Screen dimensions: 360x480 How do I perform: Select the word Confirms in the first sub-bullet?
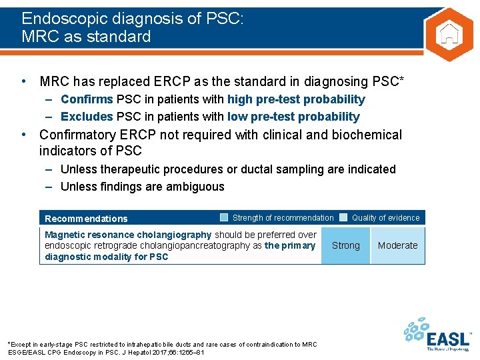(x=87, y=99)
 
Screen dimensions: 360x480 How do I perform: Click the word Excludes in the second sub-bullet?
(x=87, y=117)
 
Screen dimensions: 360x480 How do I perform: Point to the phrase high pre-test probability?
(x=296, y=99)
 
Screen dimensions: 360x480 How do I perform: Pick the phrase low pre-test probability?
(x=293, y=117)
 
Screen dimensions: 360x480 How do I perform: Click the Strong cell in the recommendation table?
(x=345, y=245)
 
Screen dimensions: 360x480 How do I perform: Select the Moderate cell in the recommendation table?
(x=397, y=245)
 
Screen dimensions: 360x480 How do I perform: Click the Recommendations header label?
(x=86, y=219)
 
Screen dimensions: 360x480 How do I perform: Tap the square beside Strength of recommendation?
(x=225, y=217)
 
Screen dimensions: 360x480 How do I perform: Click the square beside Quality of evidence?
(x=343, y=217)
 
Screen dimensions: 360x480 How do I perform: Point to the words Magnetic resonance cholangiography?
(x=128, y=235)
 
